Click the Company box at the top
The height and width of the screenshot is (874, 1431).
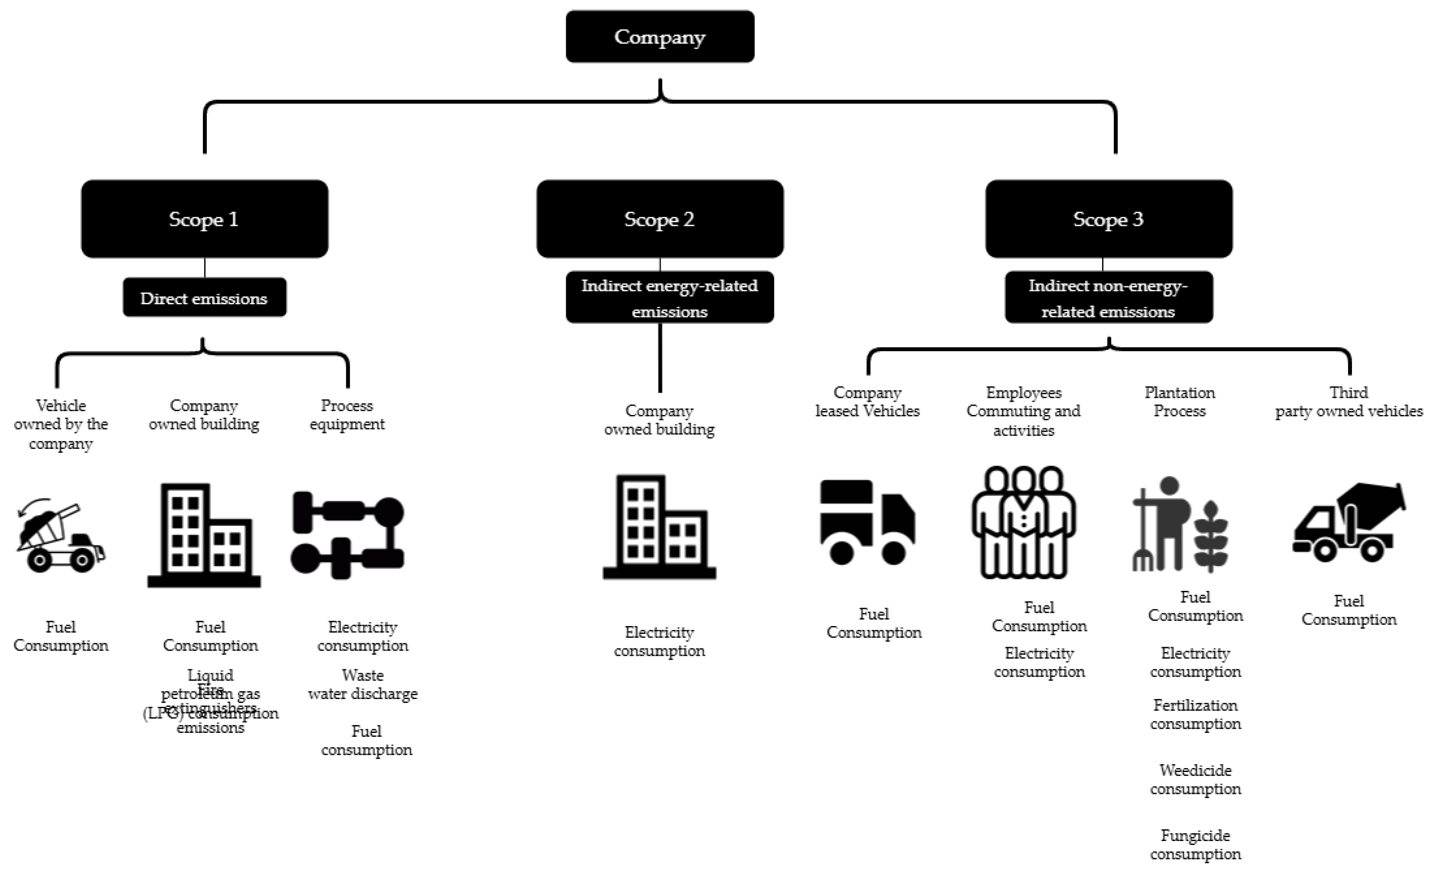660,36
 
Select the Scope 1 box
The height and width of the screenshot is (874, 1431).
204,218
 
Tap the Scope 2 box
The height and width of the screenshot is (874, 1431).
660,218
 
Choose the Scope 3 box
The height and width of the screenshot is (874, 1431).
1108,218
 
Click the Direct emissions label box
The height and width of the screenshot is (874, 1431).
204,298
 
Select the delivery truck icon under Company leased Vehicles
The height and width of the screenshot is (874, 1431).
867,522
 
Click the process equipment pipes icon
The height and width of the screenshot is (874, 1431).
347,535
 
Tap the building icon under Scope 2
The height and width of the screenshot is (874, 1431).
660,528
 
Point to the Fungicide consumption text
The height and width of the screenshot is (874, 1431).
1195,845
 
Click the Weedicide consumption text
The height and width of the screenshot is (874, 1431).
1195,779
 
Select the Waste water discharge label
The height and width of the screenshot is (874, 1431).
362,684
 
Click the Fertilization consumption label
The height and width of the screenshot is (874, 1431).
1195,714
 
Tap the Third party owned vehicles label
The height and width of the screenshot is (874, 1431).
1348,401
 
